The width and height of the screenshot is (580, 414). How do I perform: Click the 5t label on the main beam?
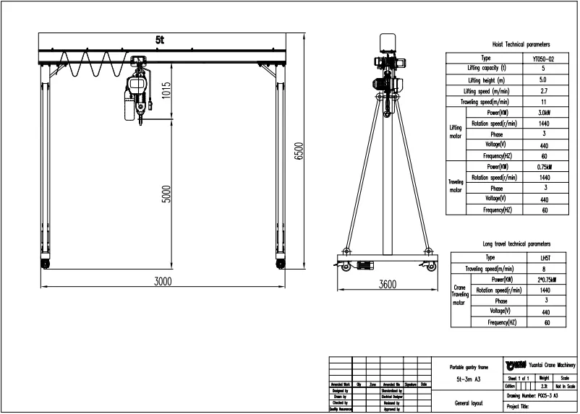pos(159,40)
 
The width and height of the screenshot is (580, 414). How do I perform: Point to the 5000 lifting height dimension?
pos(167,195)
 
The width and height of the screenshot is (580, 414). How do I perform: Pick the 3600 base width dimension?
pos(387,285)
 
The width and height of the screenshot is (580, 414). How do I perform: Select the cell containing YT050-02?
pos(543,58)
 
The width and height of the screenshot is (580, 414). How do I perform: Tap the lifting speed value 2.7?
pos(543,91)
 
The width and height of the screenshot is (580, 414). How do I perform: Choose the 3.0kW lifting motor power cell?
pos(543,113)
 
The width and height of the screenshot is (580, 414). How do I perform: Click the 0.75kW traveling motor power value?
pos(543,167)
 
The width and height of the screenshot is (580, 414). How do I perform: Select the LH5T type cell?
pos(546,257)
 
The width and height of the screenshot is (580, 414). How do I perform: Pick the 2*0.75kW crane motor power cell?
pos(546,279)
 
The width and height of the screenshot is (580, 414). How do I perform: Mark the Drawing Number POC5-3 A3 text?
pos(539,397)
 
